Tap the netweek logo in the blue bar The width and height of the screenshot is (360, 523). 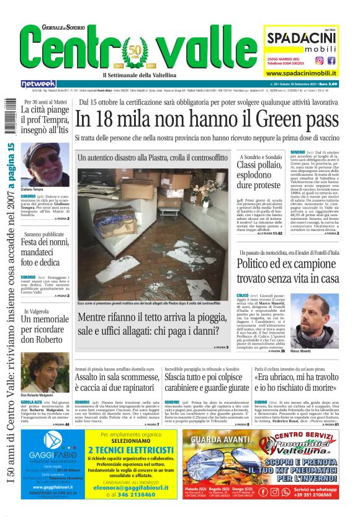(x=38, y=84)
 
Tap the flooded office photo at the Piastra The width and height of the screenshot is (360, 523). (x=152, y=235)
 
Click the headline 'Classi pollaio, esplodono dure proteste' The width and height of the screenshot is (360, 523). (x=260, y=175)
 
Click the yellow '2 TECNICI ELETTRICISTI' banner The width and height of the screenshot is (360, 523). (x=140, y=450)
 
